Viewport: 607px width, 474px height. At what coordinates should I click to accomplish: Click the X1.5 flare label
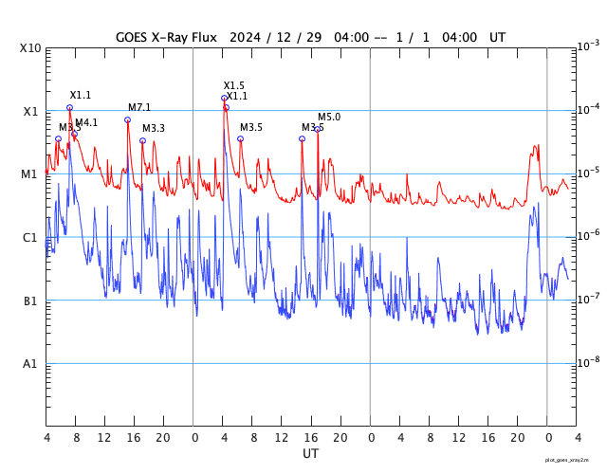[x=234, y=85]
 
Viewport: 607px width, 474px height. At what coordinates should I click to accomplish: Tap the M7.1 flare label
[x=139, y=107]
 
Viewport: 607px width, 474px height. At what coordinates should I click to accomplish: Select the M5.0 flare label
[x=329, y=117]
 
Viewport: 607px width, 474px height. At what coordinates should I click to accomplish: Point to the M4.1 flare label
[x=86, y=122]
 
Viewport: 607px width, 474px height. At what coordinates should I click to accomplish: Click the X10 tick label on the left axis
[x=31, y=48]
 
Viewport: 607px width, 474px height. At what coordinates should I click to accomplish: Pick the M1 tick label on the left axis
[x=31, y=174]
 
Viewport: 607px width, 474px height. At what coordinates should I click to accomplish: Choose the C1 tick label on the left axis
[x=31, y=238]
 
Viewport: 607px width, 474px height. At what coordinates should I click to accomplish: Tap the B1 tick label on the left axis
[x=31, y=301]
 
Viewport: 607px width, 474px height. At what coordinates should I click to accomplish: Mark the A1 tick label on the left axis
[x=31, y=364]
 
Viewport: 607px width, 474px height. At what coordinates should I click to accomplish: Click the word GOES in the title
[x=133, y=37]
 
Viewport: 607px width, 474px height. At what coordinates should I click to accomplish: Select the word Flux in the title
[x=202, y=37]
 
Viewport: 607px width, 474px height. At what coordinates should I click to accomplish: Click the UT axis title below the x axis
[x=310, y=454]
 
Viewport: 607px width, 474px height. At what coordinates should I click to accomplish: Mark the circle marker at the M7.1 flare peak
[x=127, y=119]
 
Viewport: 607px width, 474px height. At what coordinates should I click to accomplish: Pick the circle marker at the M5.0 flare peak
[x=317, y=129]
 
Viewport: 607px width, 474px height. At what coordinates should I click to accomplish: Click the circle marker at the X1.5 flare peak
[x=224, y=98]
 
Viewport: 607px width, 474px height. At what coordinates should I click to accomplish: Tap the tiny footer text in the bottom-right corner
[x=573, y=459]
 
